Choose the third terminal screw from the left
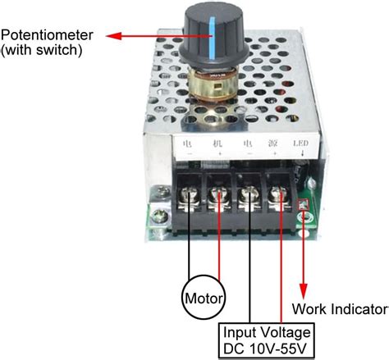tap(249, 195)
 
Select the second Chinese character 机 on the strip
tap(218, 143)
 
